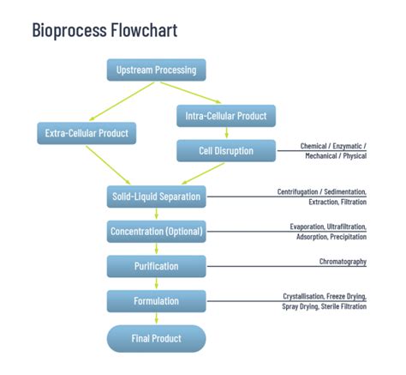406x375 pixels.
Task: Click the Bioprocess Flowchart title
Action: [104, 31]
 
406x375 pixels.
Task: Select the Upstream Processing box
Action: [156, 70]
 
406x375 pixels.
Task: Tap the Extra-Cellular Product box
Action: [87, 133]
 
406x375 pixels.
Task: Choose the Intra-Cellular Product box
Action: [226, 115]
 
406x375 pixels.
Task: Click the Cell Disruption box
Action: [226, 151]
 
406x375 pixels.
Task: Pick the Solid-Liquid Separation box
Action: [156, 197]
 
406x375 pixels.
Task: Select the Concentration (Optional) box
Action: [156, 232]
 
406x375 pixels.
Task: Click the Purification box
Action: [156, 266]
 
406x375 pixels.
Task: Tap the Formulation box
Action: [156, 301]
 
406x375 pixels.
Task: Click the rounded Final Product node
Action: [156, 338]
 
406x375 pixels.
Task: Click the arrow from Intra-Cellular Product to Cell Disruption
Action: [226, 132]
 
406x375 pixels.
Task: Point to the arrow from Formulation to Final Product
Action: [156, 318]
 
